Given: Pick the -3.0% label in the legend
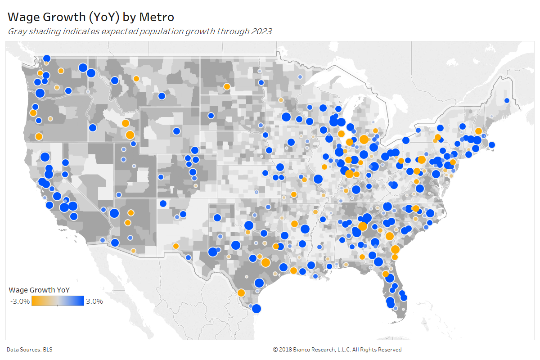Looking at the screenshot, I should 20,301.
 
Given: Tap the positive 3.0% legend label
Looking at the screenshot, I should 94,301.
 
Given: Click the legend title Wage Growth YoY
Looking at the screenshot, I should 39,289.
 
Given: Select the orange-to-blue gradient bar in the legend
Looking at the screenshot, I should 58,301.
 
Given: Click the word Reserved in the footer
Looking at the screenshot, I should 390,350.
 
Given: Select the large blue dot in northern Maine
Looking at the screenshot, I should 507,100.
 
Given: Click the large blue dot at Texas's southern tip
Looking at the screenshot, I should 256,308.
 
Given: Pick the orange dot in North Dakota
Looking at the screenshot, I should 227,86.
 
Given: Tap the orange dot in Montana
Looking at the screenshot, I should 136,78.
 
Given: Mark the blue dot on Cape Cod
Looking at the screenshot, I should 491,144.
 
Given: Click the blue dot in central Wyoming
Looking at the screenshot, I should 176,131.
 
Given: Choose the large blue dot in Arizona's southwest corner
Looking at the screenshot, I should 115,243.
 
